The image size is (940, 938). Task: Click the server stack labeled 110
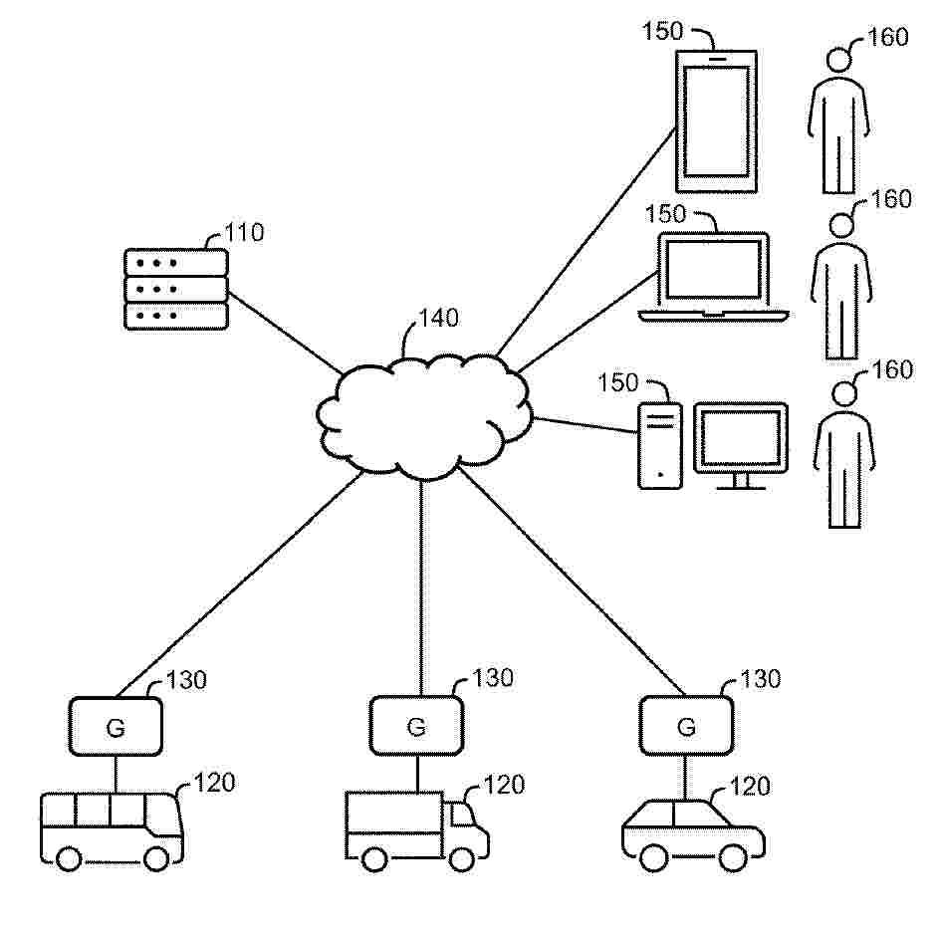point(175,289)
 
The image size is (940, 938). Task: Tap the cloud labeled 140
point(424,416)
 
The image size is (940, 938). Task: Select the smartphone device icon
point(716,121)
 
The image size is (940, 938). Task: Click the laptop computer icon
point(713,277)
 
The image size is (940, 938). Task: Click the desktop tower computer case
point(659,445)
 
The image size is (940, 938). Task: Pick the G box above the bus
point(116,726)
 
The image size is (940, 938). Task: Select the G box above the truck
point(416,725)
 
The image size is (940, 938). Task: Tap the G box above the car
point(686,725)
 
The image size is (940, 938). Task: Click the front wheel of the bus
point(157,859)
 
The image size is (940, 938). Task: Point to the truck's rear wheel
point(374,859)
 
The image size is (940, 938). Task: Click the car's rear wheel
point(653,857)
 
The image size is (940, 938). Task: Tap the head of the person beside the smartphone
point(838,60)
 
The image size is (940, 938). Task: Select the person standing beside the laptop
point(841,287)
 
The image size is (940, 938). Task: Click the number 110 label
point(244,233)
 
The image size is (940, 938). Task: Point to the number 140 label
point(438,319)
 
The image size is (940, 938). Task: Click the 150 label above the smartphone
point(662,31)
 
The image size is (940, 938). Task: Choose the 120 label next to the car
point(750,786)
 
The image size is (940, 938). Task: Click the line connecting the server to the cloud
point(284,332)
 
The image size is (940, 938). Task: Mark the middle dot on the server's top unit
point(156,263)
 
